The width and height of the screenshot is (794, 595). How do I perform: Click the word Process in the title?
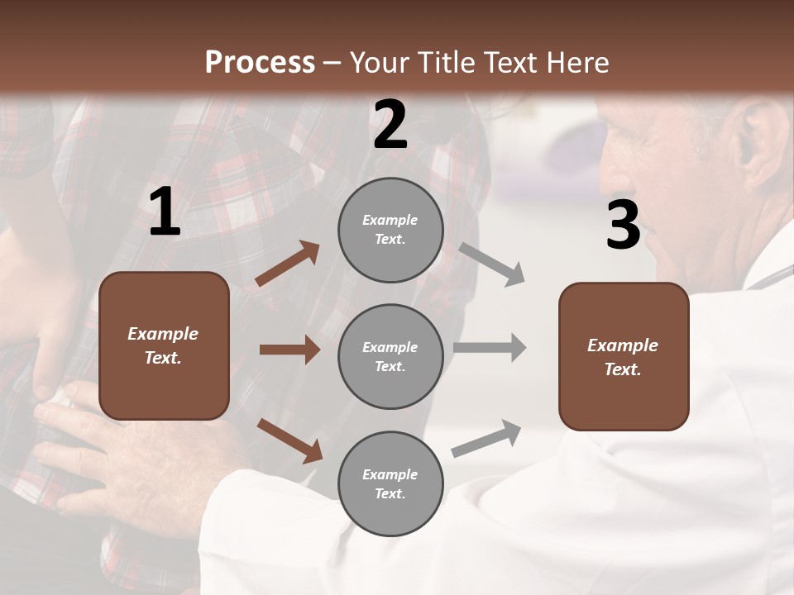pos(260,62)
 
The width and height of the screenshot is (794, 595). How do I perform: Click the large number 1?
pos(165,212)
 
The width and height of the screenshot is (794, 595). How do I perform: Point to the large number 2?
pos(390,125)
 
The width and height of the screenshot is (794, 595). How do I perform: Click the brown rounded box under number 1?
pos(164,345)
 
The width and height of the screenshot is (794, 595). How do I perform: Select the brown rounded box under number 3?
pos(624,357)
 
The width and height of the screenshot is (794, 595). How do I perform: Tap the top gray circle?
pos(390,230)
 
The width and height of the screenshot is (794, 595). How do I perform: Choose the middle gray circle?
pos(390,357)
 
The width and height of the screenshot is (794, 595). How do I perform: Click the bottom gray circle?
pos(390,484)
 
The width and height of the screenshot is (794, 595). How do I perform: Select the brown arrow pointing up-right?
pos(288,264)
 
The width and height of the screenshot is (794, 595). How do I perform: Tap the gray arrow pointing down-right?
pos(492,264)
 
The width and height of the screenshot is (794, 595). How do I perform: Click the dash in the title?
pos(332,64)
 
